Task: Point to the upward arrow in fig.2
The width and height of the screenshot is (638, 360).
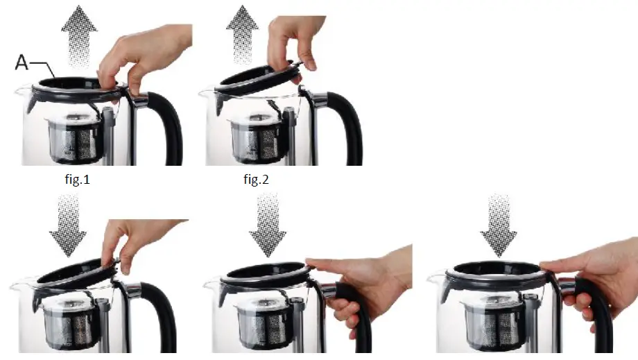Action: [245, 32]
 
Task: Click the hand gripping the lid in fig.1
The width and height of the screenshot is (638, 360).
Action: [142, 59]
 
